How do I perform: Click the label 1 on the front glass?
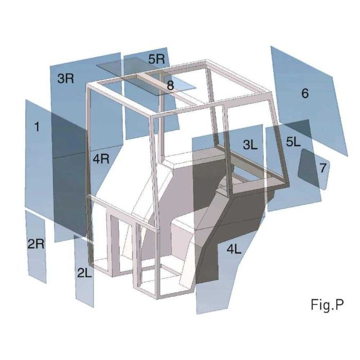tap(37, 127)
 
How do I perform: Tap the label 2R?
tap(36, 244)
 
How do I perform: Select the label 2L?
tap(85, 274)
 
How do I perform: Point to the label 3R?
tap(66, 79)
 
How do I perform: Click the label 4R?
tap(101, 158)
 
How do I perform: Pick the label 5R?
tap(156, 59)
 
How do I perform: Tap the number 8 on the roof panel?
tap(170, 86)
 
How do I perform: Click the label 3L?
tap(250, 145)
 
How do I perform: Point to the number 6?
tap(305, 94)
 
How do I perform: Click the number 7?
tap(322, 168)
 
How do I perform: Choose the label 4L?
tap(233, 249)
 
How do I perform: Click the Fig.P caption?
tap(327, 305)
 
